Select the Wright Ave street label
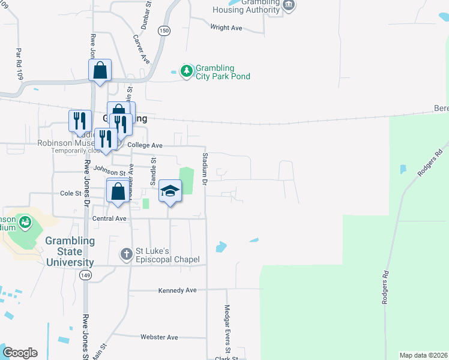(226, 28)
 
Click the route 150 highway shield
(164, 30)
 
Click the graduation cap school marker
(170, 191)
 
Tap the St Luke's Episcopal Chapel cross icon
(126, 254)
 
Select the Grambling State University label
(70, 251)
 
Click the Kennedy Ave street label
(177, 290)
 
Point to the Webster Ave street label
(159, 337)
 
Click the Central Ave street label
(109, 218)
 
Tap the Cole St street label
(70, 194)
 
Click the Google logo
(20, 353)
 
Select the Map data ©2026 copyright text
(423, 355)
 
